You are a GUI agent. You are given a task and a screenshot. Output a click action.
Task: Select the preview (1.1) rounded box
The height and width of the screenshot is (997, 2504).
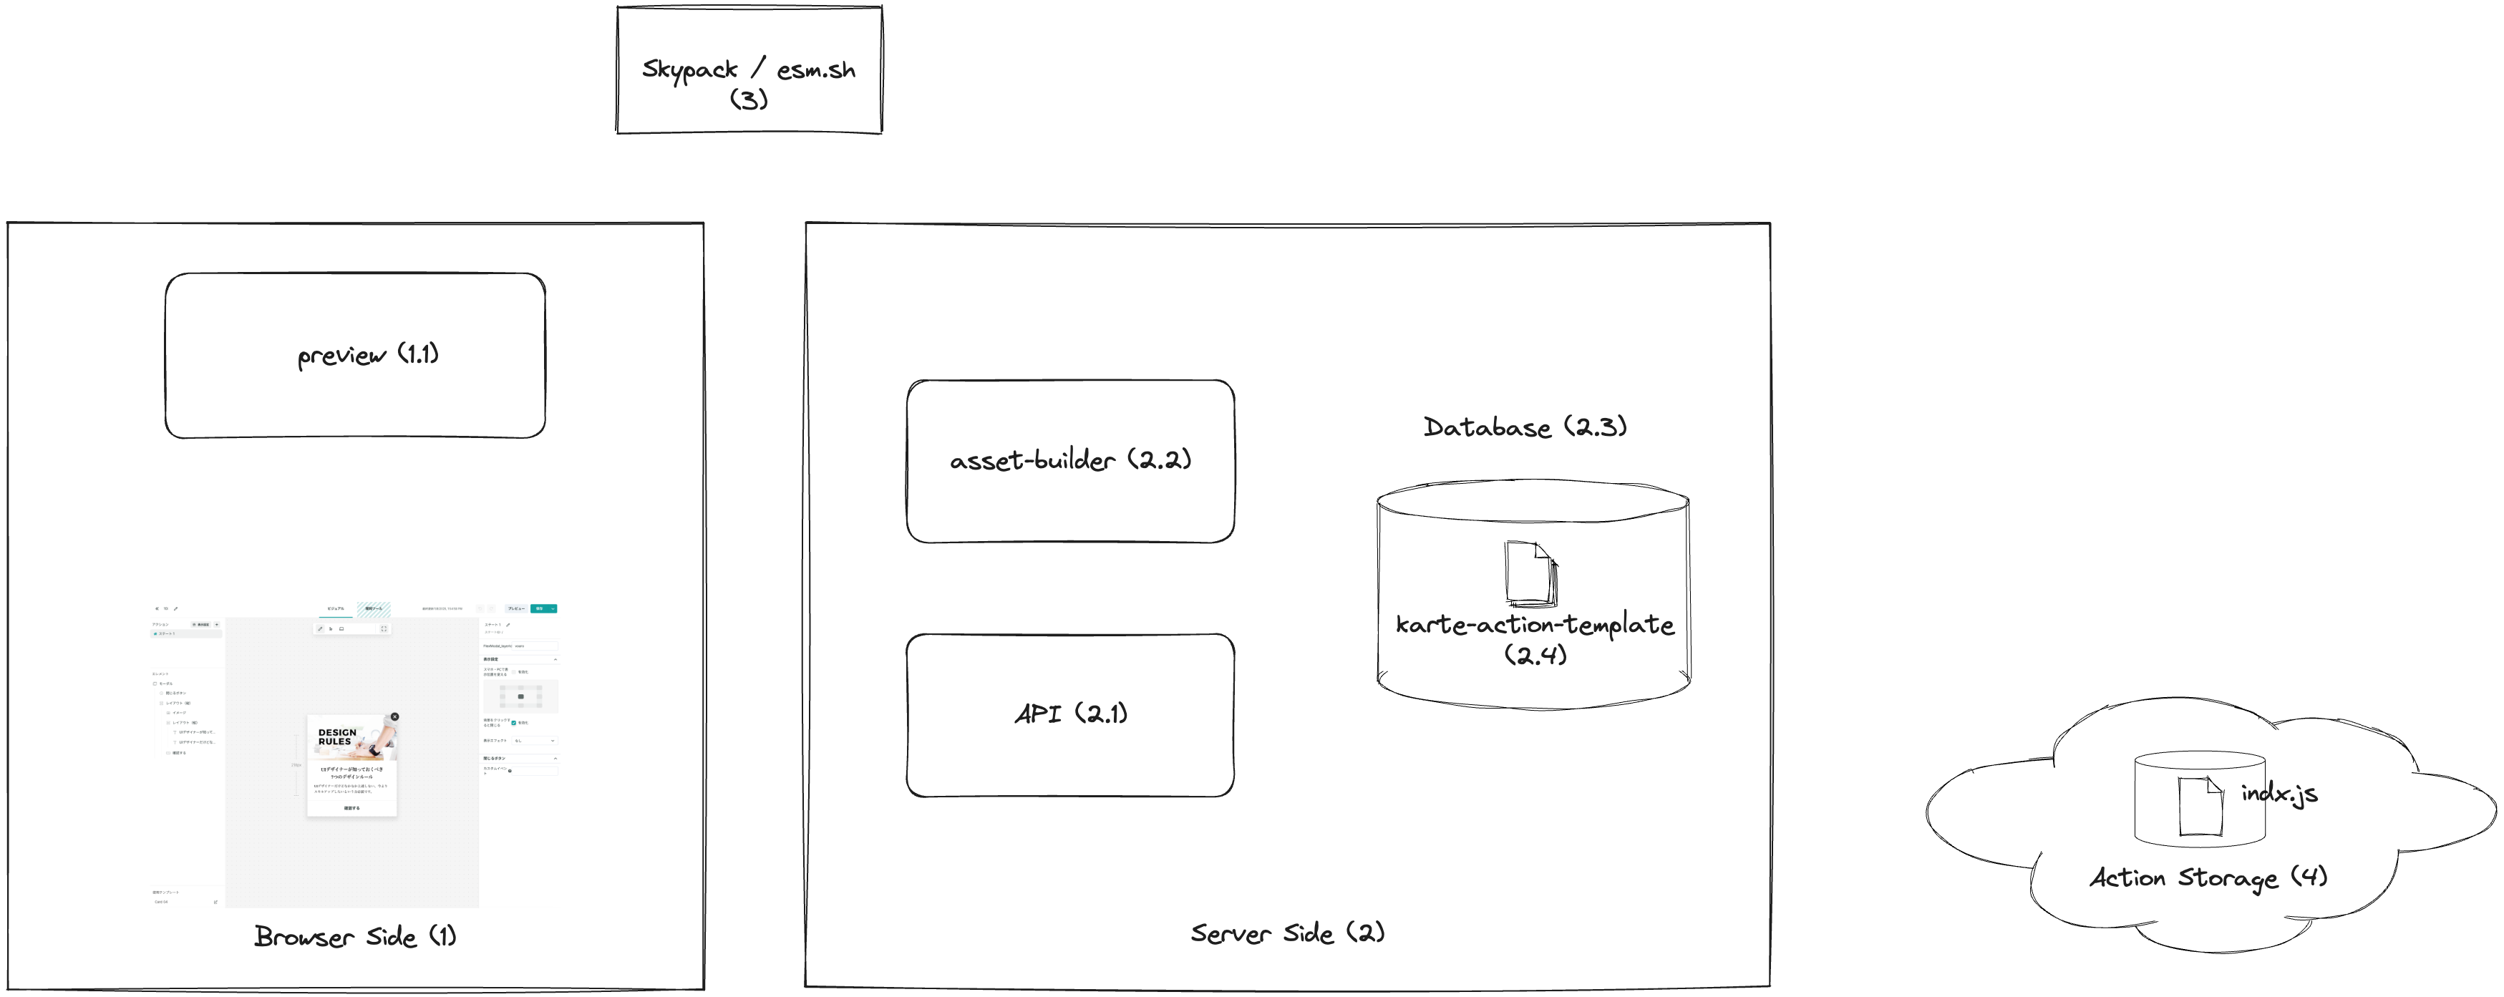coord(355,356)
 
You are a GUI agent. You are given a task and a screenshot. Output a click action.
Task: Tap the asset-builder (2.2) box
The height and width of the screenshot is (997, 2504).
coord(1070,461)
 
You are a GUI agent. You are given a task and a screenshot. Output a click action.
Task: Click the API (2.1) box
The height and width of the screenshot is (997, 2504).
coord(1070,715)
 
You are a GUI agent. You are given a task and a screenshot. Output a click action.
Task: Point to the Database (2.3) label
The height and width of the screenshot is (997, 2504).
coord(1524,427)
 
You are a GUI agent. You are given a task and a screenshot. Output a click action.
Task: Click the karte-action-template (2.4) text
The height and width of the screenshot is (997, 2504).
coord(1535,625)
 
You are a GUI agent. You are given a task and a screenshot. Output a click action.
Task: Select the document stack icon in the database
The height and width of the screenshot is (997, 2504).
coord(1531,574)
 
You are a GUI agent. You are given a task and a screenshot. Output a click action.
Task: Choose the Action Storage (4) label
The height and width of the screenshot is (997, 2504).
coord(2208,877)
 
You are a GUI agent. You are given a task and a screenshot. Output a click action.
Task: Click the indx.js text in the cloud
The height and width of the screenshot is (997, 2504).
coord(2279,794)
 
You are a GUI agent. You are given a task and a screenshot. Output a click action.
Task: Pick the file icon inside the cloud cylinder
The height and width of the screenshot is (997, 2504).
coord(2200,806)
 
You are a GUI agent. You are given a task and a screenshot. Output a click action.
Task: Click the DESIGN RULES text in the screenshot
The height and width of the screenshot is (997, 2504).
coord(336,736)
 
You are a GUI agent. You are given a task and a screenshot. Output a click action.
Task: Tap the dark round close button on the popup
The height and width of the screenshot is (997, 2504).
coord(394,716)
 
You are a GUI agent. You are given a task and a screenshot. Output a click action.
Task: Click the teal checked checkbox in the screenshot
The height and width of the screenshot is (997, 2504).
coord(513,723)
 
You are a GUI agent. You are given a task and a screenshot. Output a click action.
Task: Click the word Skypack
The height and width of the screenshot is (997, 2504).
coord(689,70)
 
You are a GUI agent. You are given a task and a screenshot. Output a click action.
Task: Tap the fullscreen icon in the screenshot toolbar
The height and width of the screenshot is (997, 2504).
coord(384,628)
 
